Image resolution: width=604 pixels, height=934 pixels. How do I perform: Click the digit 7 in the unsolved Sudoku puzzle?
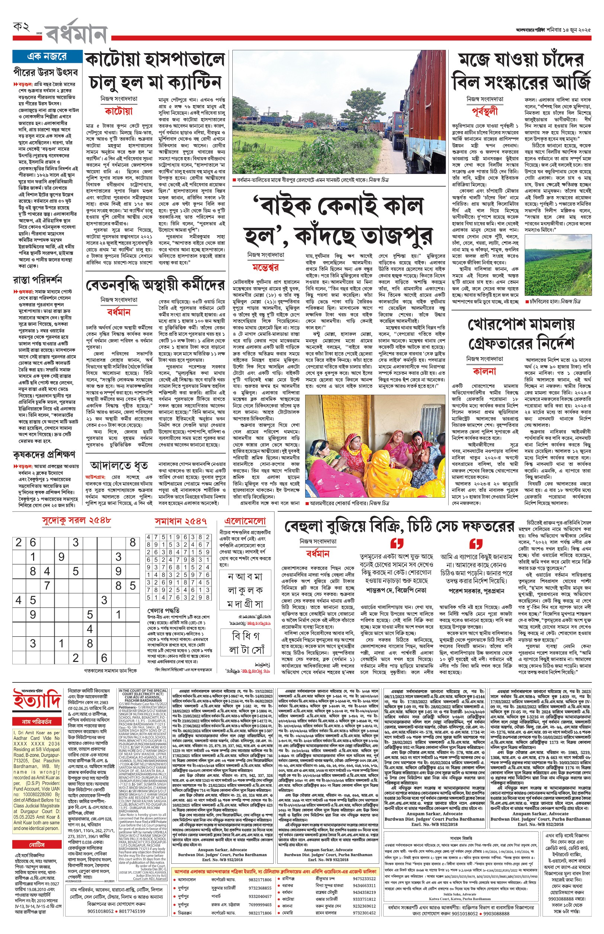tap(47, 586)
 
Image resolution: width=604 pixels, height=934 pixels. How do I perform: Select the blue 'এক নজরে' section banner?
tap(47, 56)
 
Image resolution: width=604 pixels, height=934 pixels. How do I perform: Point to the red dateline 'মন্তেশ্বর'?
tap(265, 268)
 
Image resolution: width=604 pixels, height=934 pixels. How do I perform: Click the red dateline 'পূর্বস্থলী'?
tap(485, 111)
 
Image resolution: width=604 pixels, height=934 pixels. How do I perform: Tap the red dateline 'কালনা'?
tap(484, 371)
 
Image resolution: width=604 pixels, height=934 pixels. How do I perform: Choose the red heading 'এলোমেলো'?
tap(245, 521)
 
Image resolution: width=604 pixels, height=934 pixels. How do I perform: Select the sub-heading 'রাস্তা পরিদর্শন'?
tap(37, 280)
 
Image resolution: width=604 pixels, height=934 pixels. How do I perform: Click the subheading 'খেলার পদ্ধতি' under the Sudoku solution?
tap(164, 611)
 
